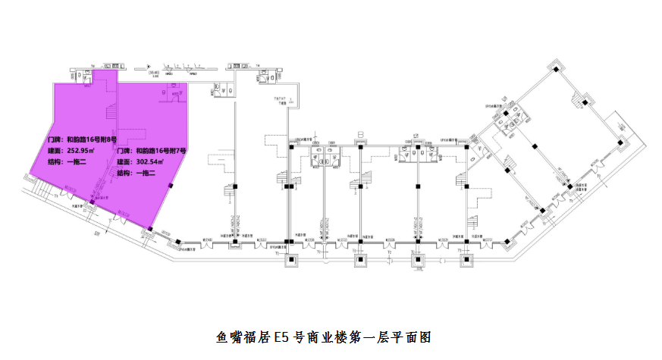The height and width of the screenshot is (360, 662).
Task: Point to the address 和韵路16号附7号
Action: click(161, 152)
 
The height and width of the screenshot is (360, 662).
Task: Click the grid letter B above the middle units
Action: click(361, 134)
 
